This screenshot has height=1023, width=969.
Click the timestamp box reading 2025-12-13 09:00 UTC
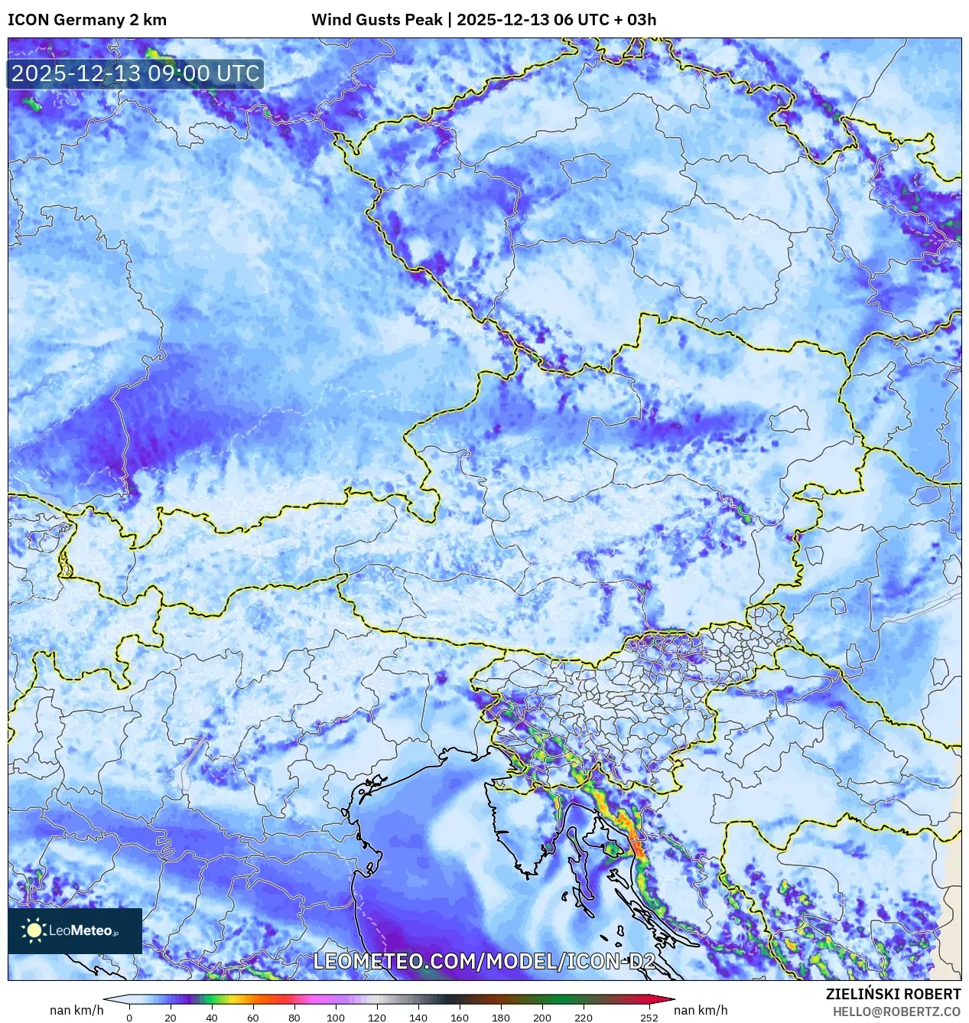click(x=135, y=73)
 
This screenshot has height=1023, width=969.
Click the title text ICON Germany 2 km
click(x=87, y=20)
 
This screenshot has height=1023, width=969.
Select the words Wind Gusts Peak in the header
click(x=376, y=20)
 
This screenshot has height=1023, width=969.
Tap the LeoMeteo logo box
click(x=75, y=930)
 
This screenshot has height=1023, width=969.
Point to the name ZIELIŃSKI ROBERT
click(x=893, y=994)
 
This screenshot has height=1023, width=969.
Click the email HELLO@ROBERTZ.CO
click(x=896, y=1012)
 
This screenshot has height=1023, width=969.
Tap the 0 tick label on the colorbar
click(x=129, y=1018)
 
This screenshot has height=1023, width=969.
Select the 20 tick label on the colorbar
click(x=171, y=1018)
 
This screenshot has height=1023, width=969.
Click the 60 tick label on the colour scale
click(x=253, y=1018)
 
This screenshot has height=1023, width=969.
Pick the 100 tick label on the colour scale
click(x=336, y=1018)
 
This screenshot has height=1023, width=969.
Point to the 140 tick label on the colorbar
click(x=418, y=1018)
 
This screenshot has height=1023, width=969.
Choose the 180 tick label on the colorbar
click(x=501, y=1018)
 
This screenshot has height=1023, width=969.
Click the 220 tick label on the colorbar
click(x=584, y=1018)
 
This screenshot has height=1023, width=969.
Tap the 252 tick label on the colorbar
click(x=649, y=1018)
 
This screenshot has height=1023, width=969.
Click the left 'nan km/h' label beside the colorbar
click(x=76, y=1010)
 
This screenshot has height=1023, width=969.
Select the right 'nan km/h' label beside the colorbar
click(x=701, y=1010)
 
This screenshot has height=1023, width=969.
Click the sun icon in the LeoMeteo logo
click(x=34, y=930)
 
